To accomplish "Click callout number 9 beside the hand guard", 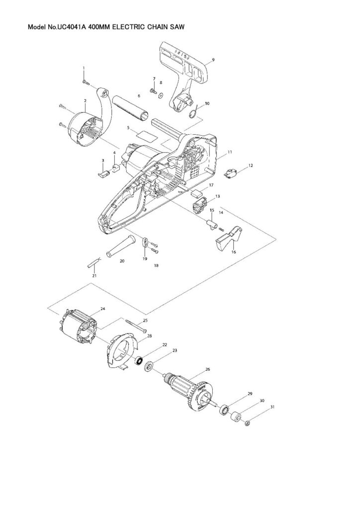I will [213, 60].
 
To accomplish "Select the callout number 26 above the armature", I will [207, 369].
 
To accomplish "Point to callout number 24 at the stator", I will [103, 309].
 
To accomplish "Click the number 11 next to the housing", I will [230, 151].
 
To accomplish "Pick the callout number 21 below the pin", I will [94, 275].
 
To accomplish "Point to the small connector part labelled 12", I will [230, 173].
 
